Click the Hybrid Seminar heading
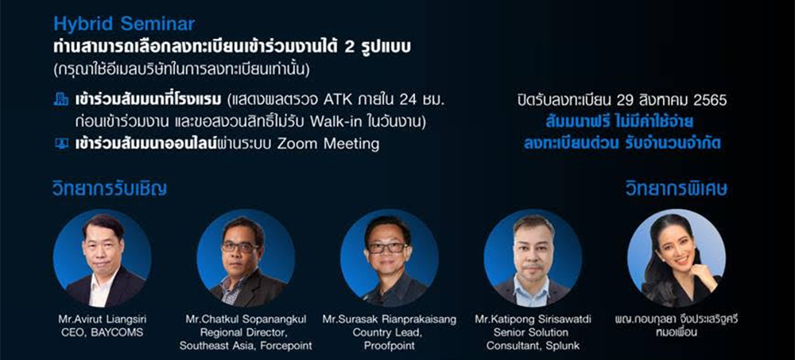pyautogui.click(x=124, y=24)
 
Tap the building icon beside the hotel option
pyautogui.click(x=61, y=100)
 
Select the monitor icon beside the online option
pyautogui.click(x=61, y=144)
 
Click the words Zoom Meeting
pyautogui.click(x=328, y=145)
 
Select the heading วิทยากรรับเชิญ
pyautogui.click(x=110, y=188)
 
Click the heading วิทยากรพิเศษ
pyautogui.click(x=677, y=188)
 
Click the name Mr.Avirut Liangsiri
pyautogui.click(x=103, y=320)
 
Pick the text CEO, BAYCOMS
pyautogui.click(x=103, y=333)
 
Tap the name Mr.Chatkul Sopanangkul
pyautogui.click(x=246, y=320)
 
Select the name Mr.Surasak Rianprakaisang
pyautogui.click(x=390, y=320)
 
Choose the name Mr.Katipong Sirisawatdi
pyautogui.click(x=533, y=320)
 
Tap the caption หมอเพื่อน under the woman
pyautogui.click(x=677, y=333)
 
